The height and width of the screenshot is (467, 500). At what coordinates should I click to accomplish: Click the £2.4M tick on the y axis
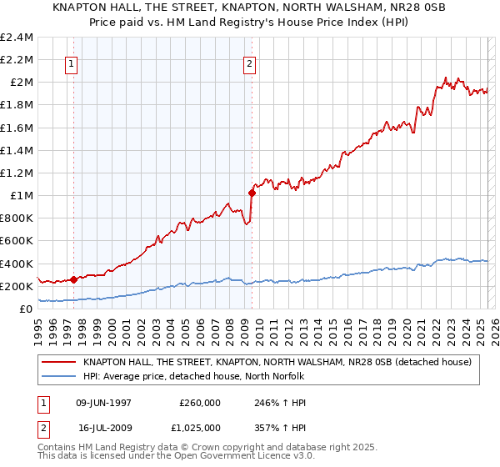[x=17, y=38]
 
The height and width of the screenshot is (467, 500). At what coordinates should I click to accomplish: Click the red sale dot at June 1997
[x=74, y=279]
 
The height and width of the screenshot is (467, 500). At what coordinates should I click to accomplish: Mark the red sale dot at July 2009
[x=252, y=193]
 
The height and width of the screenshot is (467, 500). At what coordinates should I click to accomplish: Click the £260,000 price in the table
[x=200, y=403]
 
